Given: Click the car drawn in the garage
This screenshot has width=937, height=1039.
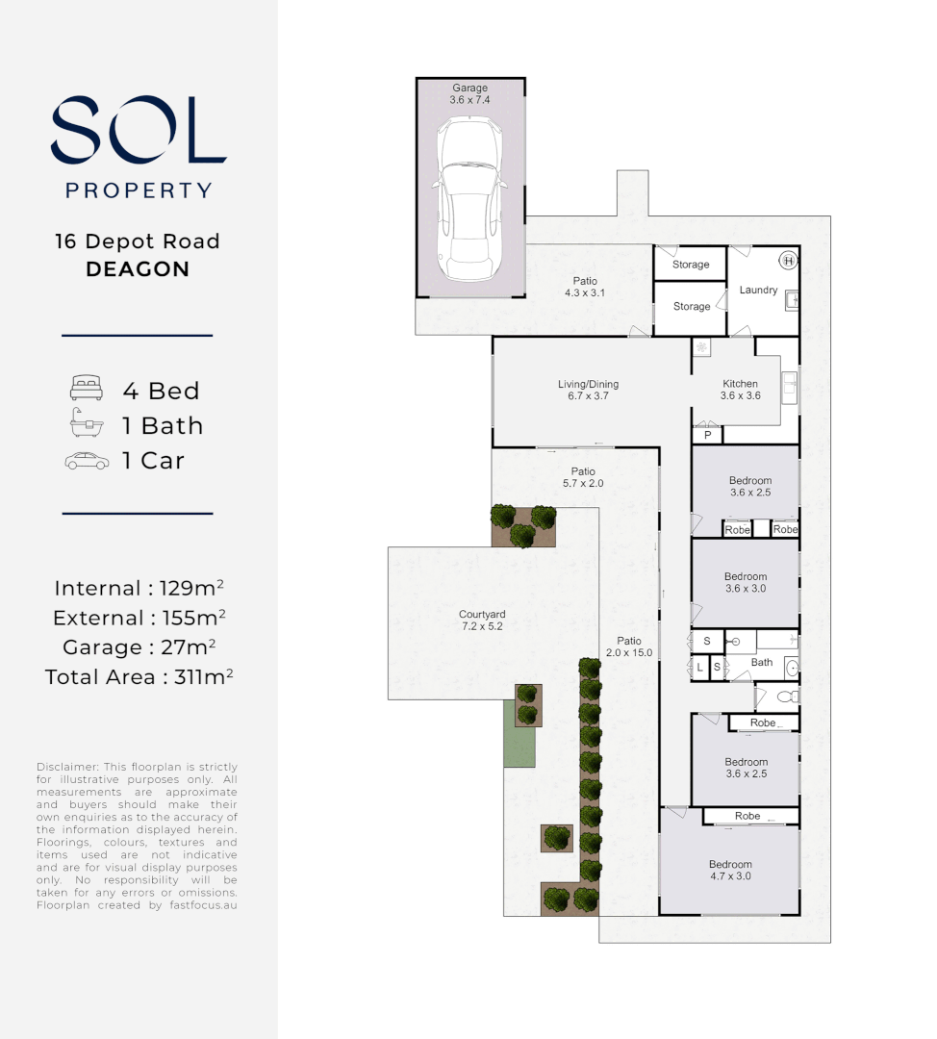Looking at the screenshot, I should [470, 200].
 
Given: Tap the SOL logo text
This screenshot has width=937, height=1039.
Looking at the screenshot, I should [139, 130].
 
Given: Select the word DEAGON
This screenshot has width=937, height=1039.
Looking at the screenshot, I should [138, 269].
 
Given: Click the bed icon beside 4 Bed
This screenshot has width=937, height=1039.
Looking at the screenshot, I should [86, 390].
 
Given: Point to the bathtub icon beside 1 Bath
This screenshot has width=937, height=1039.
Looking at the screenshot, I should [86, 424].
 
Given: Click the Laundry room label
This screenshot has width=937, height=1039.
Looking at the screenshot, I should [758, 290].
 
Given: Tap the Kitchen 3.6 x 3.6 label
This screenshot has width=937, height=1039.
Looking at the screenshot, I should [740, 390].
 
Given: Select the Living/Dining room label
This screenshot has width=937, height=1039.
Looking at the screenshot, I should [588, 390].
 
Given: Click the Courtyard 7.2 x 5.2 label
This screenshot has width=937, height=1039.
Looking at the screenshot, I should [482, 621].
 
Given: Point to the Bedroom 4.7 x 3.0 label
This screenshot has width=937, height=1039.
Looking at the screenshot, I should [730, 871].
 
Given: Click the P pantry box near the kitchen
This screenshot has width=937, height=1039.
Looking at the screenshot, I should [707, 435].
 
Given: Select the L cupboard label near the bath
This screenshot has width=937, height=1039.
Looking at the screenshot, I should [700, 666].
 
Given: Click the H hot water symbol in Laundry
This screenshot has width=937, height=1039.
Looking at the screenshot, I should [787, 260].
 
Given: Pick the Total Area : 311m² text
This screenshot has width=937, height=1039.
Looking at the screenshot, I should [139, 677].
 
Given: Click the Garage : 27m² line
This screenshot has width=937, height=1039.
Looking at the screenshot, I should [139, 646].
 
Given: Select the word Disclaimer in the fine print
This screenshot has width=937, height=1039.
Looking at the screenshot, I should [67, 767].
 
